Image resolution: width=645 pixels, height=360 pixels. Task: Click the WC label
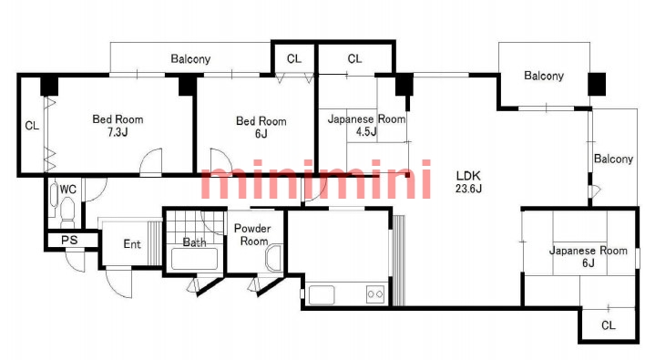point(68,190)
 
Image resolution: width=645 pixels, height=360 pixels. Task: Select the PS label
point(69,240)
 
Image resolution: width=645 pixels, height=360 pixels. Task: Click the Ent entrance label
point(132,244)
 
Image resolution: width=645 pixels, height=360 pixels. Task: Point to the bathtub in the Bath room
point(194,259)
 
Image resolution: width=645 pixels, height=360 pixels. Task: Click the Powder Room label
point(252,234)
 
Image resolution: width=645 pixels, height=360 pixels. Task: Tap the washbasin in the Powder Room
point(274,258)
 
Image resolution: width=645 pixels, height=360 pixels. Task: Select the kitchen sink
point(322,294)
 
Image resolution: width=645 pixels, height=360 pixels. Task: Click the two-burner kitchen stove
point(375,294)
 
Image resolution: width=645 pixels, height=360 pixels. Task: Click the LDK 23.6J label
point(468,182)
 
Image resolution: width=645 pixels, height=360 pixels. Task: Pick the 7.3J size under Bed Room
point(118,132)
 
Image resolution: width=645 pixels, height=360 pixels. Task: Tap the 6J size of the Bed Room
point(261,134)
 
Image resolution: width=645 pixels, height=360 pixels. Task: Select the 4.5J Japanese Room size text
point(366,131)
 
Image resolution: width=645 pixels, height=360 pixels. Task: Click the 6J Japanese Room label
point(589,256)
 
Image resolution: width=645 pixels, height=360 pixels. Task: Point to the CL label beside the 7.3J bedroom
point(32,126)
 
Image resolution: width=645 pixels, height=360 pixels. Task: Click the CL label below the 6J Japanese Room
point(609,325)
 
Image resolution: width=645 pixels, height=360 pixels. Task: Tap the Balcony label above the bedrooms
point(190,59)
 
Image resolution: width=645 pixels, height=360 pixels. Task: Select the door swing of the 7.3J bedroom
point(150,161)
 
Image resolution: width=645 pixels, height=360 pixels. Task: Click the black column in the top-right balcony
point(597,85)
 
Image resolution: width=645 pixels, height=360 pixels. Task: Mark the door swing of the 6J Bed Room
point(221,160)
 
